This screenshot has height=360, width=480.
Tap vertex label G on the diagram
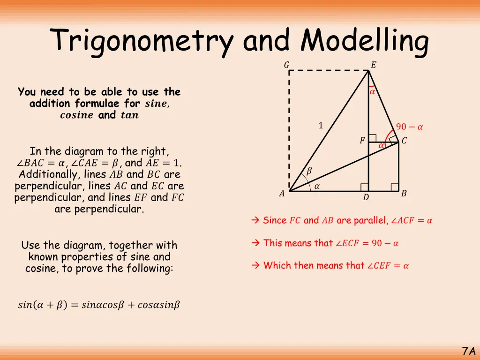[286, 65]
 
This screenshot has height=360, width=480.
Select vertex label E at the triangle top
[373, 65]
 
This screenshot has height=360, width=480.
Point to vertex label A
[282, 194]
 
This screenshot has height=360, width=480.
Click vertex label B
[404, 193]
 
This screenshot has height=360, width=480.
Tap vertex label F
[362, 141]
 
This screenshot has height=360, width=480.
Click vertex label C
[404, 141]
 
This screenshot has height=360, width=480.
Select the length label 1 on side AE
[321, 125]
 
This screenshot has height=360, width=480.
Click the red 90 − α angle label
[410, 127]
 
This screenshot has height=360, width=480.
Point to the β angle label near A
[308, 172]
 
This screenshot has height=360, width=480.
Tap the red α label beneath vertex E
[372, 92]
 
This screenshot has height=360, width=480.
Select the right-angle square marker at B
[395, 187]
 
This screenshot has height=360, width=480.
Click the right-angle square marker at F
[372, 138]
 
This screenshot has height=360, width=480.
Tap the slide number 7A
[468, 351]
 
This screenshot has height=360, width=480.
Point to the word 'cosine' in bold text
[77, 115]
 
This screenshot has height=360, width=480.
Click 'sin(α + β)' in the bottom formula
[42, 305]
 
